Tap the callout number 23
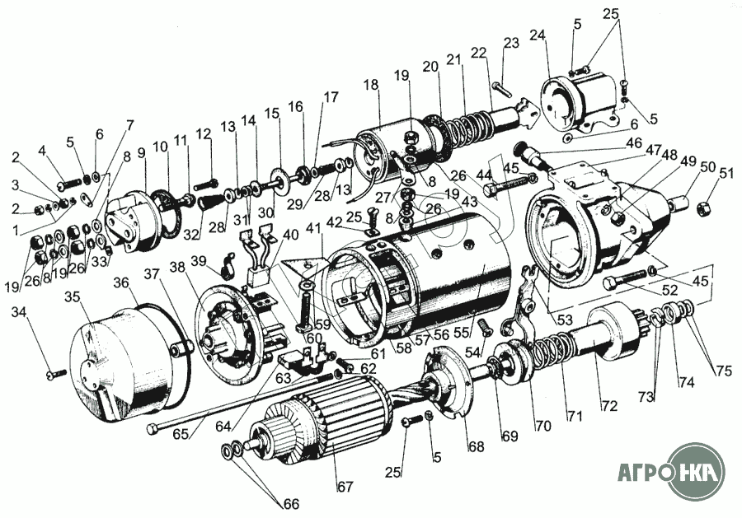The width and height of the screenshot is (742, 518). coord(511,42)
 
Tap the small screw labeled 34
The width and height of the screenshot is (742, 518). coord(54,375)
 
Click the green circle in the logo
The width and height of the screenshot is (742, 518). coord(697,472)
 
